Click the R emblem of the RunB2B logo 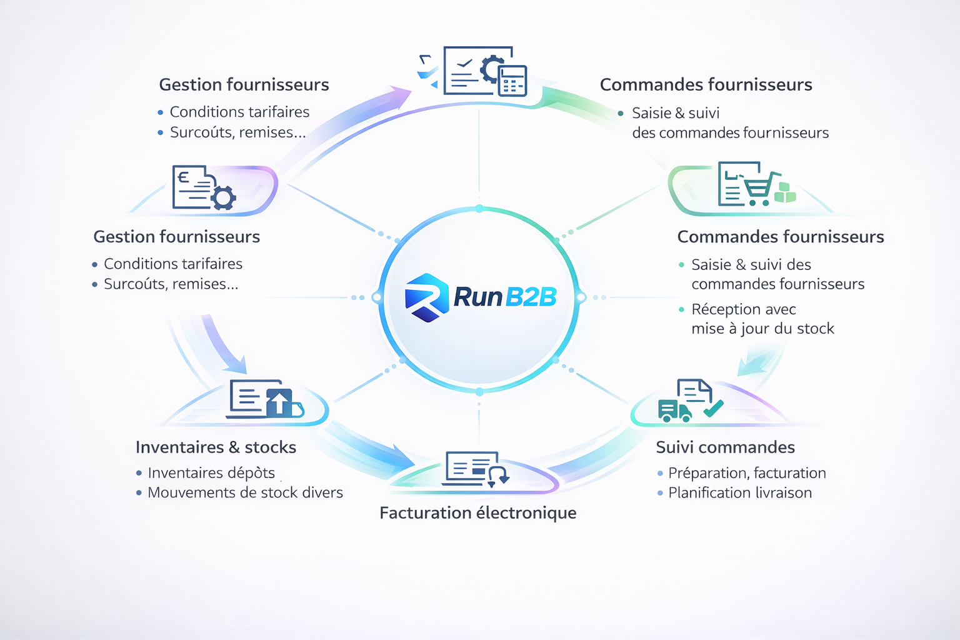(x=427, y=297)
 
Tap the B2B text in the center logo (x=530, y=297)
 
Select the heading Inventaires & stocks (x=216, y=447)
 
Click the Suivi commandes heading (x=725, y=447)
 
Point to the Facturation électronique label (x=477, y=513)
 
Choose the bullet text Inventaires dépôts (x=211, y=473)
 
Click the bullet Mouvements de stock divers (x=245, y=493)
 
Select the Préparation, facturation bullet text (x=747, y=473)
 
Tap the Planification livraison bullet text (x=740, y=493)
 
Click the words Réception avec (x=743, y=309)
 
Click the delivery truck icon (x=674, y=411)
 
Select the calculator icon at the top (x=512, y=81)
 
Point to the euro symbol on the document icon (x=183, y=177)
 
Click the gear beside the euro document (x=223, y=197)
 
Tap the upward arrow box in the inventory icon (x=279, y=402)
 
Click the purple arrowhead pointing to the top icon (x=401, y=96)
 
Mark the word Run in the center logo (x=478, y=297)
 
